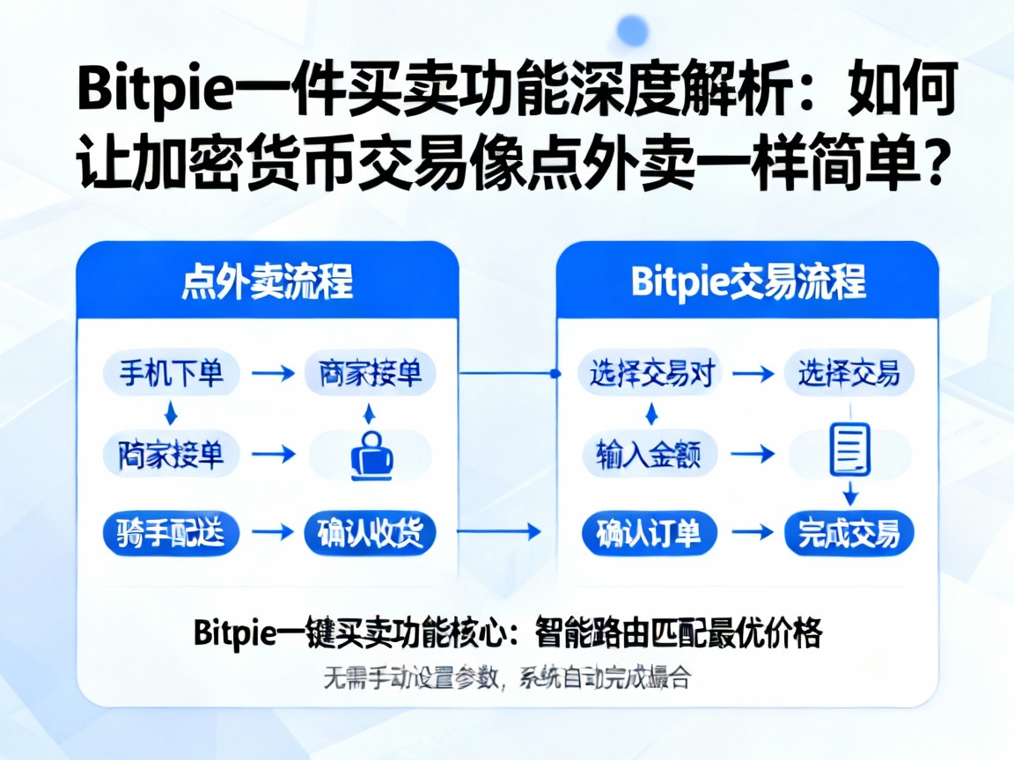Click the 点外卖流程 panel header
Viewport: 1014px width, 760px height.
point(267,282)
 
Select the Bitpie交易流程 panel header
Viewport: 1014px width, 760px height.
point(748,282)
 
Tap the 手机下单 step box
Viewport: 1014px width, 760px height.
point(164,374)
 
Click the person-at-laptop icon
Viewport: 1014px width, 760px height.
point(371,455)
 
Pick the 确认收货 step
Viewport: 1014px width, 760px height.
point(370,532)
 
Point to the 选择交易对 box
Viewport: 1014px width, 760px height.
point(650,374)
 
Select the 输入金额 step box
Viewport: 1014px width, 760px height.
point(650,455)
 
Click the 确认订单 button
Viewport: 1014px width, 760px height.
point(650,532)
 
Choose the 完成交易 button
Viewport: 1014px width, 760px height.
point(849,532)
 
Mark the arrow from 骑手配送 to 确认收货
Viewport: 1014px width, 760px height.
point(272,532)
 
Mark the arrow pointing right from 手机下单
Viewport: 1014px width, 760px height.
point(272,374)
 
